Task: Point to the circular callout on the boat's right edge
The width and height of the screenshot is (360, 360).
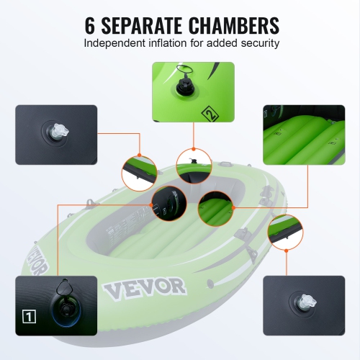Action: pyautogui.click(x=285, y=233)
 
